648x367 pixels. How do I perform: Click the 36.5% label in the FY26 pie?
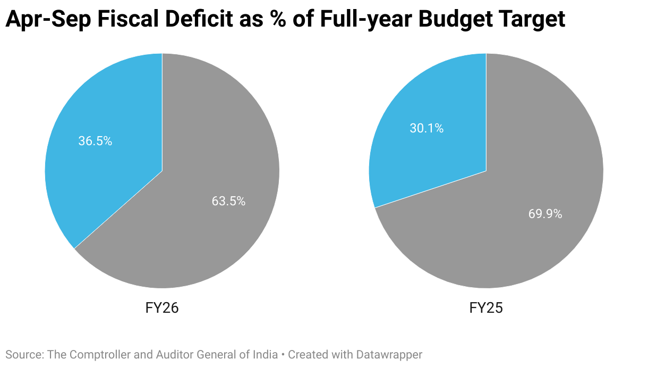coord(95,141)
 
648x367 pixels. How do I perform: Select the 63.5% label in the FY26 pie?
coord(228,201)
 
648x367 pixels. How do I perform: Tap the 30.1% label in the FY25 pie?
coord(426,128)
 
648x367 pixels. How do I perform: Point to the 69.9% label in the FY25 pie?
coord(545,214)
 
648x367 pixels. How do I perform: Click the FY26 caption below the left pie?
coord(162,308)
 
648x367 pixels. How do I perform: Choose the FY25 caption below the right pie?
coord(486,308)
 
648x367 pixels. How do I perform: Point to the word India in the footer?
coord(266,354)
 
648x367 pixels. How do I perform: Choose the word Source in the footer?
coord(23,354)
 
